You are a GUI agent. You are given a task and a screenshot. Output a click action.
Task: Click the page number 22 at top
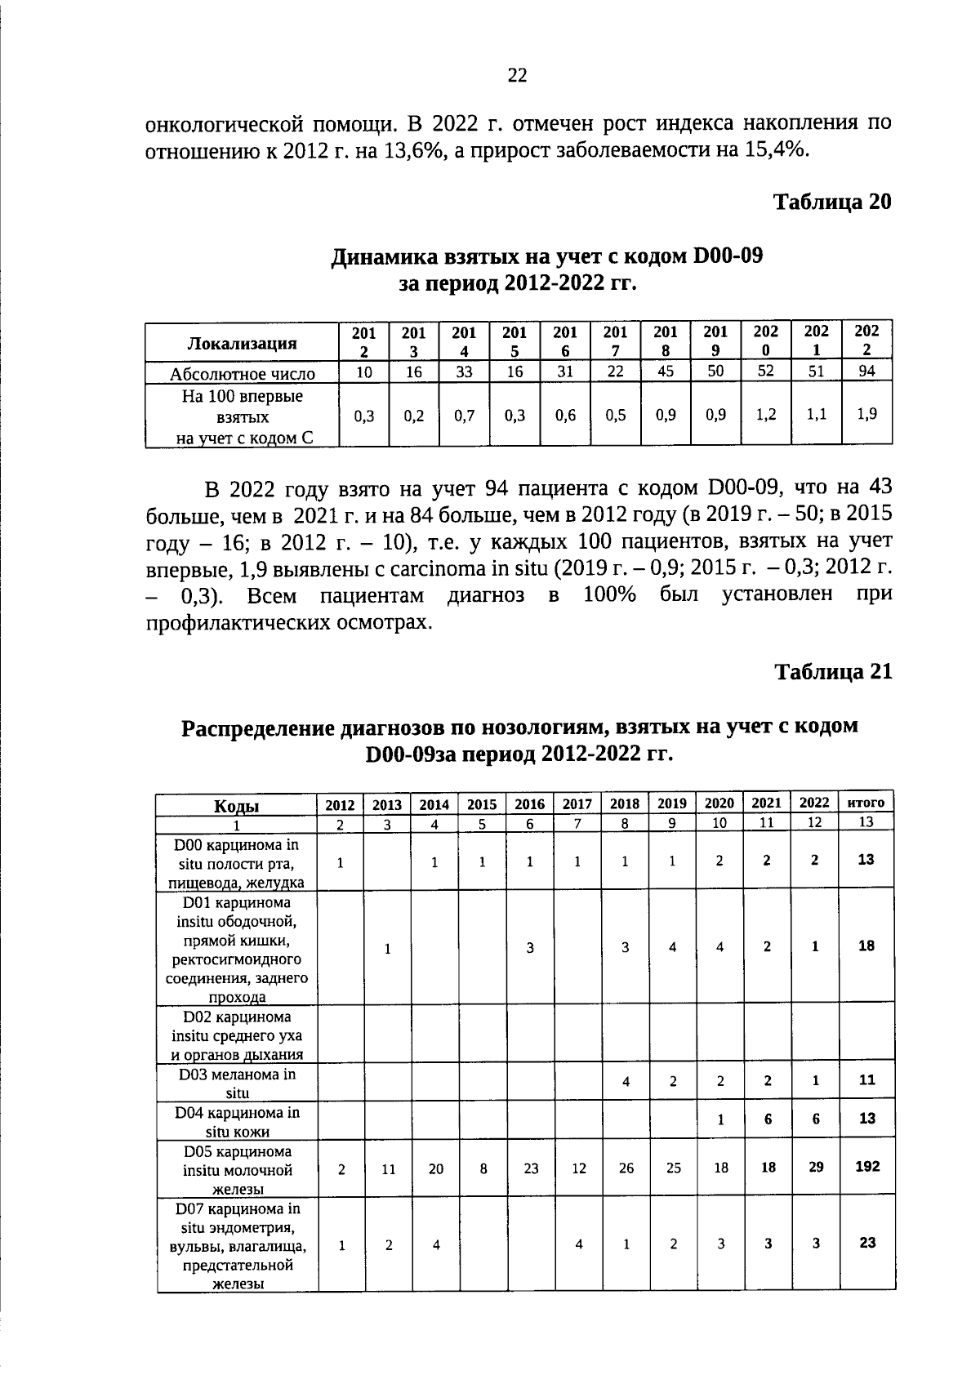click(x=517, y=76)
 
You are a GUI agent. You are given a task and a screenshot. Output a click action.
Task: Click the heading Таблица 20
click(x=832, y=202)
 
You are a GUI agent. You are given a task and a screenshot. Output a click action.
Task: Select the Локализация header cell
click(x=243, y=343)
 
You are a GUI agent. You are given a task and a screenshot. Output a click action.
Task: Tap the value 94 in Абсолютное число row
click(x=866, y=372)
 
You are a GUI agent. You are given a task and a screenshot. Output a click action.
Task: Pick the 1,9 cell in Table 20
click(x=866, y=414)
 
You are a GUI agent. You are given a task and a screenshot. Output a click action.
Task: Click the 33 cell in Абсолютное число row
click(x=464, y=372)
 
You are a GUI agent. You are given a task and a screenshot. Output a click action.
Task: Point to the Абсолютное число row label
click(x=243, y=374)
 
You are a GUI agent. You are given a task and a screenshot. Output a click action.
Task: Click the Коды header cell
click(x=237, y=806)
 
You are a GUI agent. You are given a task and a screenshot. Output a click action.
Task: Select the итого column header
click(x=866, y=803)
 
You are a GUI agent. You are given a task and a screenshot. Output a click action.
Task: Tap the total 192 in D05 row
click(x=866, y=1166)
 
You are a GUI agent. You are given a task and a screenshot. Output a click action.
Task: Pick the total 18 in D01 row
click(x=866, y=946)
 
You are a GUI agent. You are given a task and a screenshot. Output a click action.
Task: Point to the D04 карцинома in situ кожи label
click(x=237, y=1122)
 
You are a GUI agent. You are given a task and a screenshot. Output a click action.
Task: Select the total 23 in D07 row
click(x=866, y=1243)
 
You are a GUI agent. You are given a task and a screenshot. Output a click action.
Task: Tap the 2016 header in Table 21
click(x=529, y=804)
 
